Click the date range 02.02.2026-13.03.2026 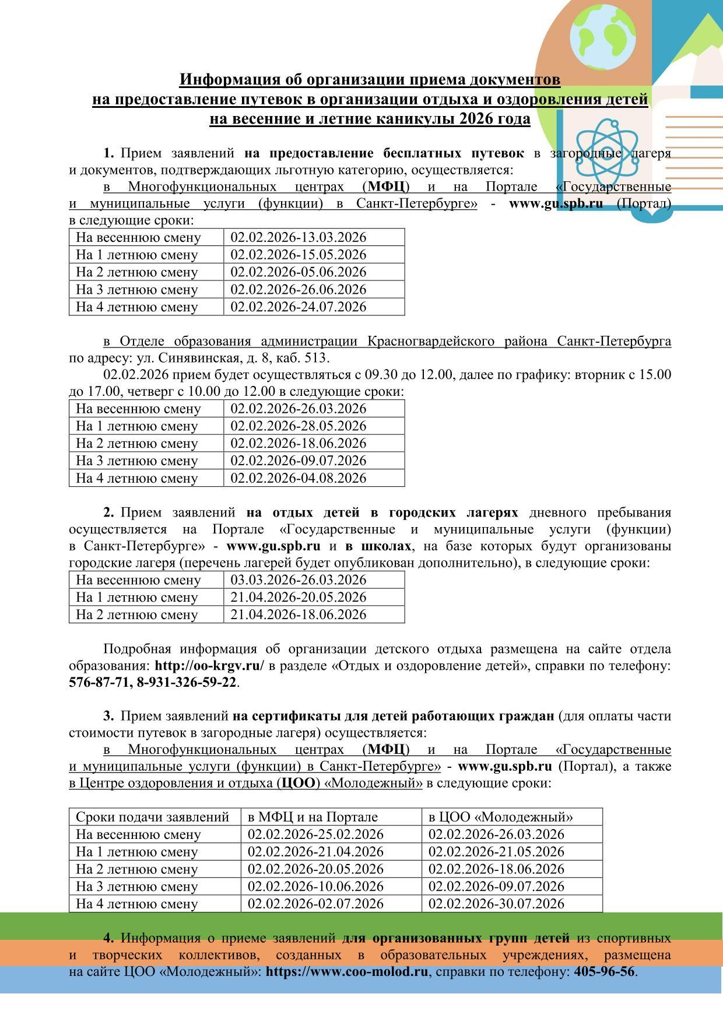click(x=298, y=237)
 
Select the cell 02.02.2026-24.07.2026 click(x=298, y=307)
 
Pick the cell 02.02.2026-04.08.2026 click(x=298, y=478)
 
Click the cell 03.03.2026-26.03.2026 click(x=298, y=580)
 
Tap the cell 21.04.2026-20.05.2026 click(x=298, y=597)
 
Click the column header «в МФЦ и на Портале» click(x=313, y=817)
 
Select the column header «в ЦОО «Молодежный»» click(x=500, y=817)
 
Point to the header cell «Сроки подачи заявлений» click(x=152, y=817)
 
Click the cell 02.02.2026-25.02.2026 click(x=315, y=834)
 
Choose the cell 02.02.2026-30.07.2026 click(x=496, y=904)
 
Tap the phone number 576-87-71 click(x=99, y=682)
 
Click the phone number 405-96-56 click(x=605, y=971)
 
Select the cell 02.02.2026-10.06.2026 click(x=315, y=886)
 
